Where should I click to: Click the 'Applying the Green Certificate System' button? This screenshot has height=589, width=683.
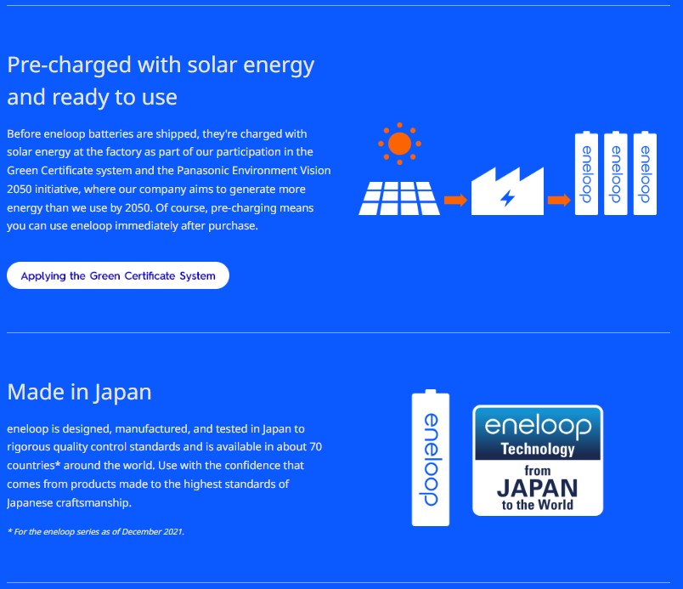coord(118,275)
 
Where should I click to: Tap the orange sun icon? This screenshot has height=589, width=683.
coord(399,144)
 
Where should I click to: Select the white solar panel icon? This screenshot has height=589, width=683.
coord(399,198)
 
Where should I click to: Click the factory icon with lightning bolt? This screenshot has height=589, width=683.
coord(507,191)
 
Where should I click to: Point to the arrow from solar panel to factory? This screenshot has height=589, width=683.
coord(455,200)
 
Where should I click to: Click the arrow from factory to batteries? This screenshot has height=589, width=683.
coord(559,200)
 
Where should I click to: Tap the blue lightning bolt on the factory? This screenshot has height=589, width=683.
coord(507,198)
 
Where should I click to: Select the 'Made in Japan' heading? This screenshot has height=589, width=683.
coord(79,392)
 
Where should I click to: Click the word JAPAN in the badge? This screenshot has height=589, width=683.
coord(538,488)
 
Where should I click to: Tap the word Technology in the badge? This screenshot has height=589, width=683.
coord(538,449)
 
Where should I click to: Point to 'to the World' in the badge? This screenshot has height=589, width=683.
coord(538,505)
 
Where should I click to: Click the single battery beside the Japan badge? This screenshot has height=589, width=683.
coord(431,458)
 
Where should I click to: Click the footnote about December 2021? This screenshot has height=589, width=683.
coord(96,531)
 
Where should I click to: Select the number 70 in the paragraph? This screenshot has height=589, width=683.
coord(315,447)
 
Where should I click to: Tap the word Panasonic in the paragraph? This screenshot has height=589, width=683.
coord(203,170)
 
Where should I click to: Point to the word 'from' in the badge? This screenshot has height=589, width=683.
coord(538,471)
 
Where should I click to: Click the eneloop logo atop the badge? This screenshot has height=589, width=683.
coord(538,426)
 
